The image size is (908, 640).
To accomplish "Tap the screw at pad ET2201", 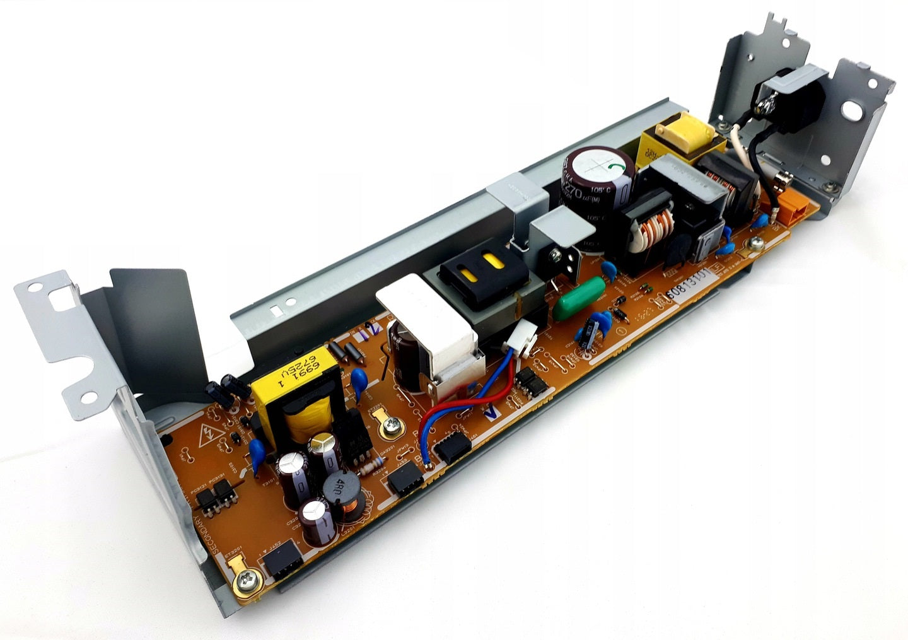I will tap(389, 429).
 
